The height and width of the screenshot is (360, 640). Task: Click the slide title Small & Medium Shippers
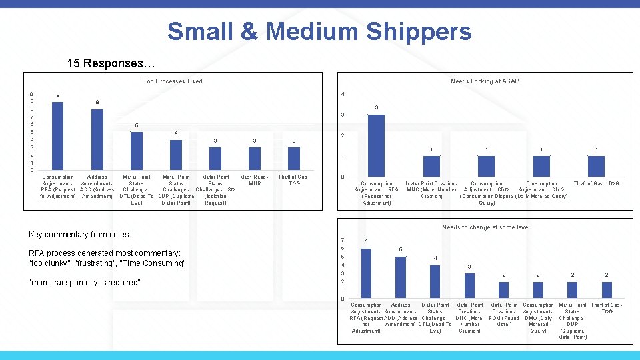click(x=319, y=31)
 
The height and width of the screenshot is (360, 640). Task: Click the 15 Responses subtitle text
click(x=111, y=64)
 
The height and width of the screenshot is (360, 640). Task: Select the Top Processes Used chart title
click(x=173, y=81)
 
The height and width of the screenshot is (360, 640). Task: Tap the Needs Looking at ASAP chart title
click(x=485, y=81)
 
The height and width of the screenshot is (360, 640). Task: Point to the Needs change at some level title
click(x=486, y=227)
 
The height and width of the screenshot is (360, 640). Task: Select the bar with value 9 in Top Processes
click(x=58, y=136)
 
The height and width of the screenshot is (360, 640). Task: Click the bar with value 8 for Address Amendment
click(x=97, y=139)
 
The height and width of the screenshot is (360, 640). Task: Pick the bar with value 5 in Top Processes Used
click(x=137, y=151)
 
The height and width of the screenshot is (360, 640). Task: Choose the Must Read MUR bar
click(x=254, y=159)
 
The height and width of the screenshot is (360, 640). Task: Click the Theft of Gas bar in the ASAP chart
click(x=596, y=166)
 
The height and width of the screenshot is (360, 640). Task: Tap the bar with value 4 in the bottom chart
click(x=435, y=281)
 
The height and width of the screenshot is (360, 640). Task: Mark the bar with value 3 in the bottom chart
click(x=469, y=285)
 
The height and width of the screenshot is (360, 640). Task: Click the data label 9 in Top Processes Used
click(x=58, y=95)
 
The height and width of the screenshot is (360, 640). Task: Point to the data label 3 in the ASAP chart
click(x=377, y=107)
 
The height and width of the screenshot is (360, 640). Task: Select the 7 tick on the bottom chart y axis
click(x=342, y=240)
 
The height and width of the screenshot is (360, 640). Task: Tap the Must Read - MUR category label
click(x=254, y=180)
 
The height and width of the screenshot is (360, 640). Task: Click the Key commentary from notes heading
click(x=80, y=235)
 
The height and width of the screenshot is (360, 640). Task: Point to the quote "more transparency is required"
click(x=85, y=283)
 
